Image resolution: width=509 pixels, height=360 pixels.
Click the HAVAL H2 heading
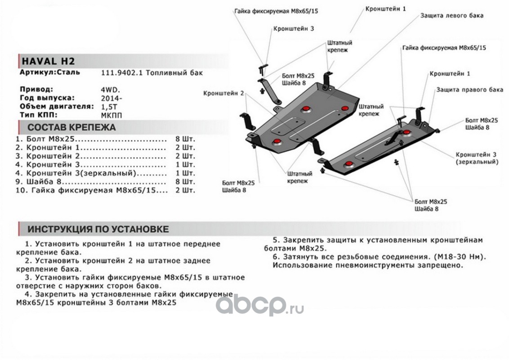tap(48, 61)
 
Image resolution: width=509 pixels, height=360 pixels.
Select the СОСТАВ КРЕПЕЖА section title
tap(71, 127)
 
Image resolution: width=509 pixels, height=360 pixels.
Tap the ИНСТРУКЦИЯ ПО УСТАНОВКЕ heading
tap(98, 229)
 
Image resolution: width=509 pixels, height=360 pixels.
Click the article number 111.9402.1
tap(121, 73)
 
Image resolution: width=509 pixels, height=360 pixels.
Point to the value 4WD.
tap(110, 90)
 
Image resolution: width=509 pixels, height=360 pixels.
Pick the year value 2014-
tap(112, 99)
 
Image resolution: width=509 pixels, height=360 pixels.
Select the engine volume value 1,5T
tap(109, 107)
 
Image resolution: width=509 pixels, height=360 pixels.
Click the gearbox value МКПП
tap(112, 115)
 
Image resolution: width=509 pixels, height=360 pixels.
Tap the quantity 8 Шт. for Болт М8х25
tap(185, 139)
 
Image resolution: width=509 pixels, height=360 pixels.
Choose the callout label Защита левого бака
tap(451, 16)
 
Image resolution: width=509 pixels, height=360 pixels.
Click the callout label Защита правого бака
tap(469, 90)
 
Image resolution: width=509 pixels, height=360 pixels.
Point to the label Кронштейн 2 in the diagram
tap(223, 93)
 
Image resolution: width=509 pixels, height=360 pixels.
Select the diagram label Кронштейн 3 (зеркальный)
tap(477, 158)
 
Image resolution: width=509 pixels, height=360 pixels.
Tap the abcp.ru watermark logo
tap(260, 306)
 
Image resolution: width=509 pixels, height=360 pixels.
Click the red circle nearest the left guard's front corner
tap(277, 142)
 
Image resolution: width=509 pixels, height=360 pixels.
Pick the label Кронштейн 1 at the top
tap(385, 9)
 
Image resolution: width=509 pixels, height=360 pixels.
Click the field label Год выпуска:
tap(47, 98)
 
